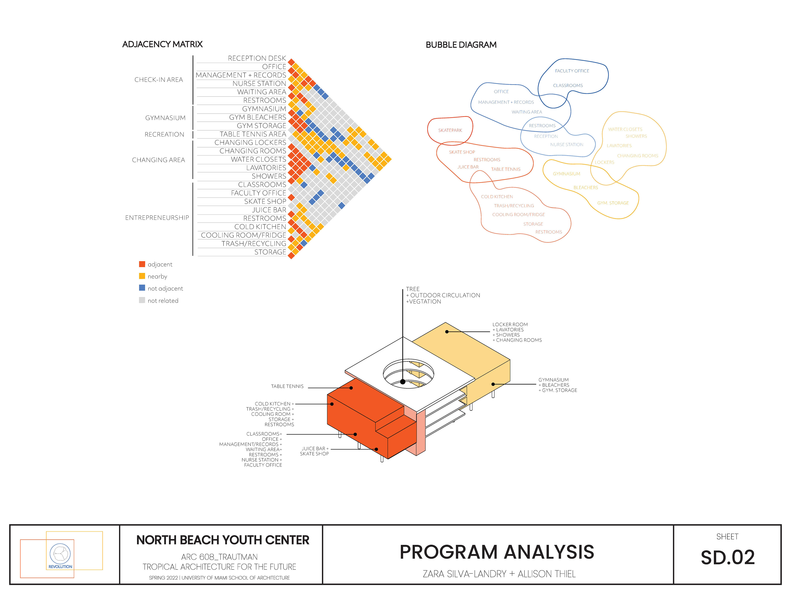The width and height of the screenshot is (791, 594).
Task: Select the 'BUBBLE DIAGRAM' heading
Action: [x=461, y=45]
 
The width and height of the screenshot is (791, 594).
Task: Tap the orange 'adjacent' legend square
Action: [x=142, y=264]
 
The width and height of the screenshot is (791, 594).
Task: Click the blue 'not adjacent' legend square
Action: [x=142, y=288]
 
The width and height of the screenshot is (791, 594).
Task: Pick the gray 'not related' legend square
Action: [x=142, y=300]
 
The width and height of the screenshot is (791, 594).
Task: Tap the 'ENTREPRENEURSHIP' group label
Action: [x=157, y=218]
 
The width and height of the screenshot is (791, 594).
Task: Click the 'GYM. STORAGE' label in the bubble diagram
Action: [x=613, y=203]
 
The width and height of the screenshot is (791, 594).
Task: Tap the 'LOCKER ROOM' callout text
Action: [x=510, y=324]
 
